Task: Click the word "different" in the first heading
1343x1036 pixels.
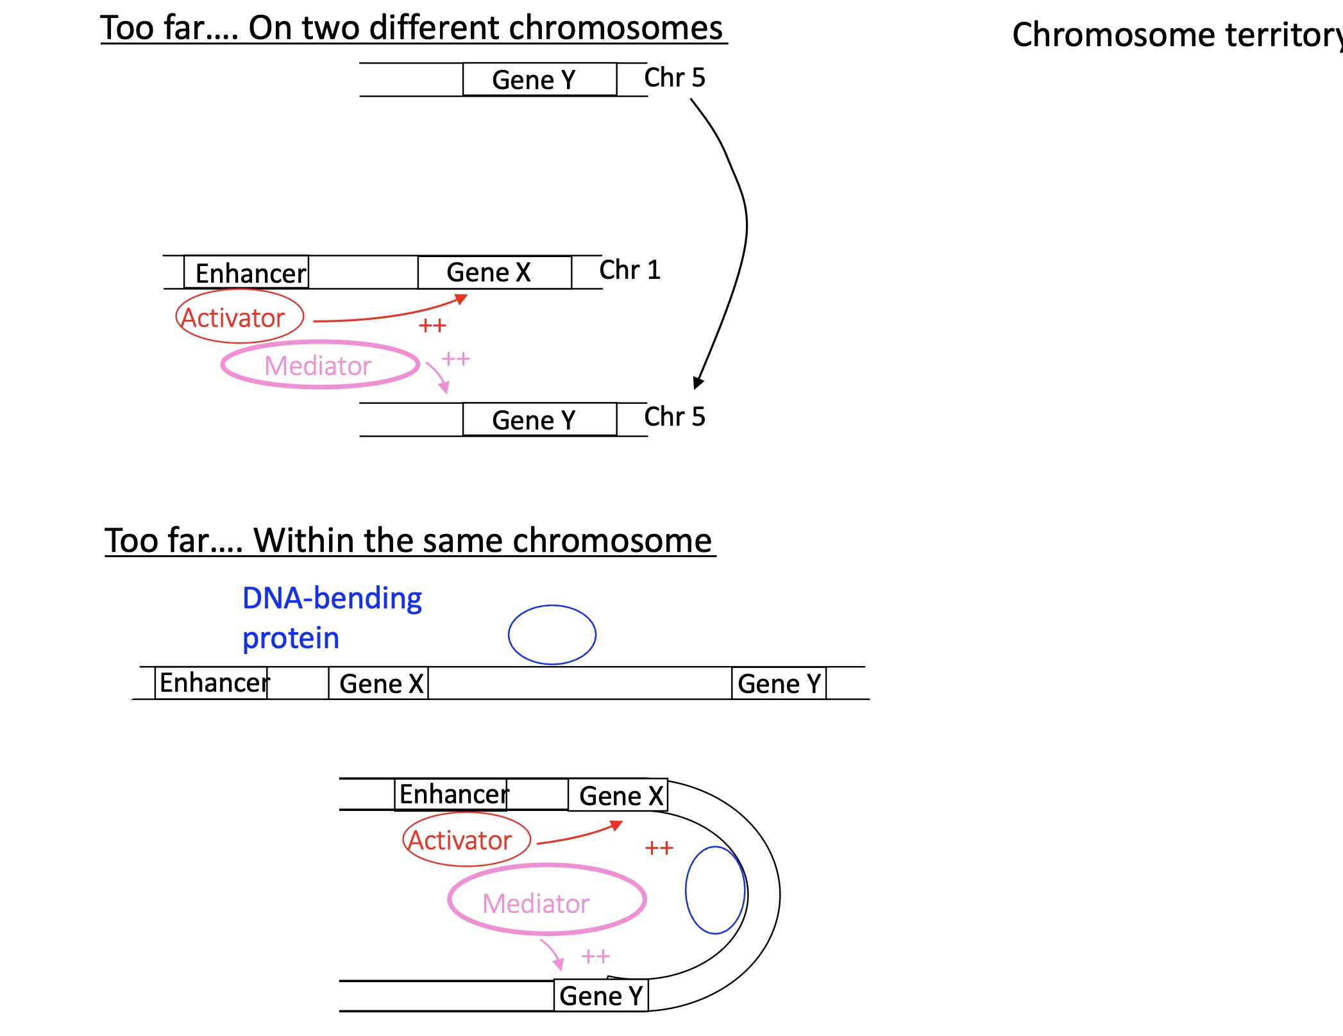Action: (x=436, y=28)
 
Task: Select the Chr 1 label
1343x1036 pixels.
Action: (x=629, y=270)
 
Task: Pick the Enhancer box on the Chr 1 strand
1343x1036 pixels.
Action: (x=247, y=273)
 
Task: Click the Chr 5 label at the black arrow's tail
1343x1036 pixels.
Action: (x=674, y=78)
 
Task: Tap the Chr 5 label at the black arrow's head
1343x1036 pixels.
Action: (x=674, y=417)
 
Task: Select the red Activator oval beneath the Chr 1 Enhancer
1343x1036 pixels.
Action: (x=239, y=317)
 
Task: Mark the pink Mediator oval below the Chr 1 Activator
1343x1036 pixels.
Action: (x=319, y=365)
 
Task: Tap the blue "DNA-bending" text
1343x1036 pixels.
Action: (x=332, y=598)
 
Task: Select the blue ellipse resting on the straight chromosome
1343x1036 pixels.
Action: (x=552, y=635)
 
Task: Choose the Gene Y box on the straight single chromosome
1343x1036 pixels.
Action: (x=779, y=683)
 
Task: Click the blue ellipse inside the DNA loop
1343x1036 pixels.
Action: (x=714, y=890)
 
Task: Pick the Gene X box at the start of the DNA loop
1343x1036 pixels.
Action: (x=619, y=796)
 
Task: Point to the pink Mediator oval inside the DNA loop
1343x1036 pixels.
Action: (x=546, y=899)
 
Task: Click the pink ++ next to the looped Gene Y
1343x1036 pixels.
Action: (x=595, y=957)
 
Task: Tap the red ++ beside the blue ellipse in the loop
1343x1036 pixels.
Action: (x=659, y=848)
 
